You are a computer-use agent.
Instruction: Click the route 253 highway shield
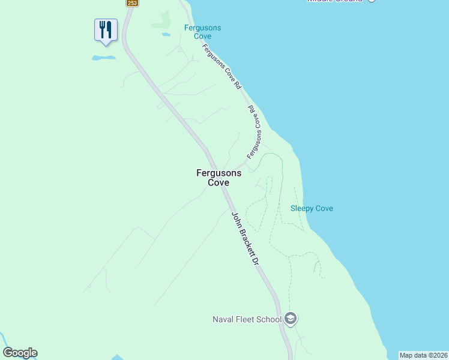133,3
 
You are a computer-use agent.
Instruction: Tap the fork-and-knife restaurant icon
106,29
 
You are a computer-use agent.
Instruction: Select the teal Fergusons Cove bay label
202,32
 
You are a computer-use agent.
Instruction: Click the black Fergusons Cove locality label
218,178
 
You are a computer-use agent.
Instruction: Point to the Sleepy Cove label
312,209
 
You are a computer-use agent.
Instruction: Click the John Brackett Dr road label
245,239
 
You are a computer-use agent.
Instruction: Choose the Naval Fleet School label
247,319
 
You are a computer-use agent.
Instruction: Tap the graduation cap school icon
291,318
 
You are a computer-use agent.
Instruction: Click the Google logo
20,353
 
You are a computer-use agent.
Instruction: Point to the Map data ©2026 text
423,355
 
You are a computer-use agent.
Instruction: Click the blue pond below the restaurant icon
103,58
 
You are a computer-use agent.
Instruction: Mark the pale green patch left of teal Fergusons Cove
161,20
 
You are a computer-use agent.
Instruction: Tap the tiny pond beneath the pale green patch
166,35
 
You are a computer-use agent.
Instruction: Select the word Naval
223,319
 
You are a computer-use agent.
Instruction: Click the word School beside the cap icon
269,319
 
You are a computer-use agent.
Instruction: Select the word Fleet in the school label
246,319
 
